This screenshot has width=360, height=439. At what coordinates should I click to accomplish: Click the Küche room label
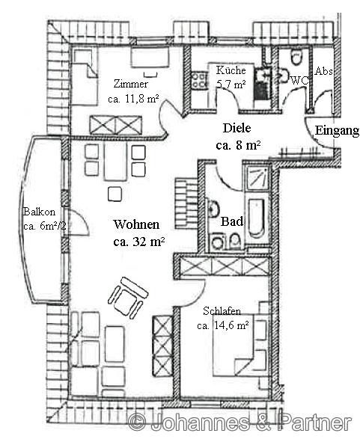coord(231,70)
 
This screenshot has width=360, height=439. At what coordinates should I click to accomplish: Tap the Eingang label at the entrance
coord(337,130)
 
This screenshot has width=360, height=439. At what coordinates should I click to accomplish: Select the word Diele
coord(237,128)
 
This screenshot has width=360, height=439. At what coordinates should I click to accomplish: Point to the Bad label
coord(232,221)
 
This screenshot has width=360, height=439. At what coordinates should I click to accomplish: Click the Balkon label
coord(39,212)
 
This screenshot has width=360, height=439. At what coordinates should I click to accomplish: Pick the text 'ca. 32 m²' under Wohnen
coord(138,242)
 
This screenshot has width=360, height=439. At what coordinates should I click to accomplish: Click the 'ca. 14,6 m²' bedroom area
coord(223,325)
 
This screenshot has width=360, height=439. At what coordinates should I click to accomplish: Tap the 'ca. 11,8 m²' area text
coord(133,99)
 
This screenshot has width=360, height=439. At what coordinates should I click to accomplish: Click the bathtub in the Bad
coord(257,218)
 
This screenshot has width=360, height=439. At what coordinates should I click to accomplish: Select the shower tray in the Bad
coord(257,178)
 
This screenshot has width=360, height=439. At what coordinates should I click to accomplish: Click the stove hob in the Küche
coord(198,80)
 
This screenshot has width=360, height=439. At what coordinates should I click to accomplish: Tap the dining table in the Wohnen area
coord(115,162)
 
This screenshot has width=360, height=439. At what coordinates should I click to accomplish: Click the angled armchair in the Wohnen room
coord(128,298)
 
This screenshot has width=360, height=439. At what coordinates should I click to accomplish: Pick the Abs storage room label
coord(323,71)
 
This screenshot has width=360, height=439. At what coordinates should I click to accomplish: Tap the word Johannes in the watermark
coord(199,421)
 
